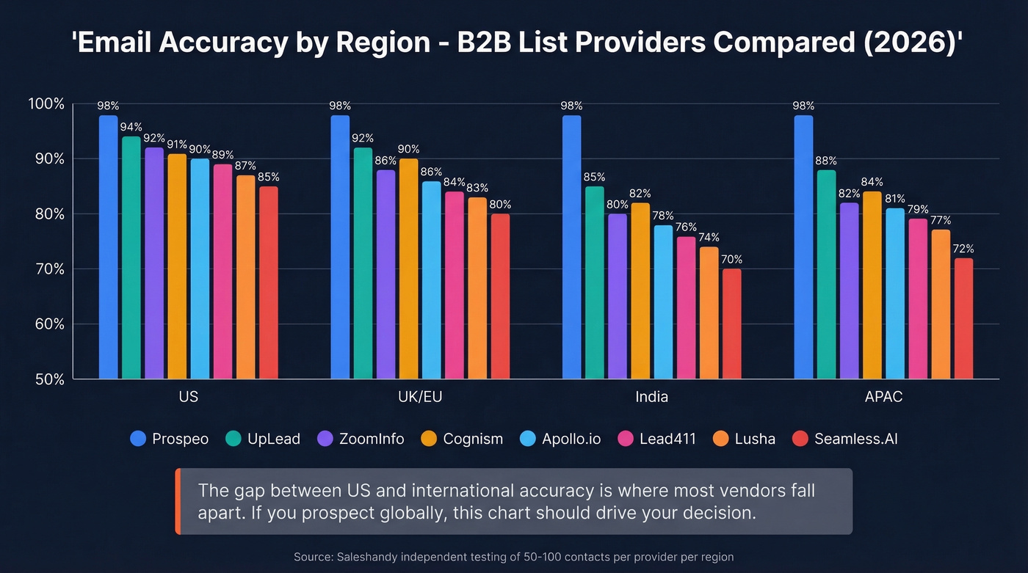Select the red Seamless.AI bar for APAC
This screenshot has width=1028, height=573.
(963, 319)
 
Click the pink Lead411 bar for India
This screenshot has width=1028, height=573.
(686, 308)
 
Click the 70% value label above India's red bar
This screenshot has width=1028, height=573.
(731, 259)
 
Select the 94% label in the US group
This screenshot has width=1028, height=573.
(131, 127)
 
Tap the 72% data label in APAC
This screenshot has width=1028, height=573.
(963, 248)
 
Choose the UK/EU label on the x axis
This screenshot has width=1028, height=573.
(420, 397)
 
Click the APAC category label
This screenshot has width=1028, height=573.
(883, 397)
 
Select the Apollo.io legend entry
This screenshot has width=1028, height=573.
(571, 439)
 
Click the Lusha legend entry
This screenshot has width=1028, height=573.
(755, 439)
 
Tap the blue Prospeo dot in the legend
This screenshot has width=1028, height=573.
(138, 439)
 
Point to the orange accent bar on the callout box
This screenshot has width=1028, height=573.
(178, 501)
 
